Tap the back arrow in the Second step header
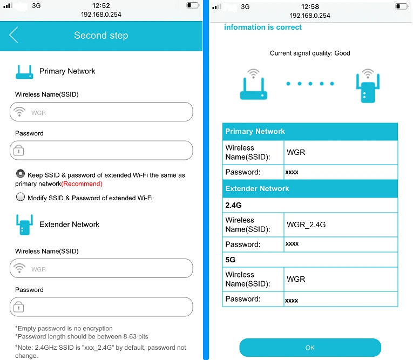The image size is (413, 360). pos(13,35)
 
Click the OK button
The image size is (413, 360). pos(310,348)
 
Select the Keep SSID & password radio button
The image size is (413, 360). pos(21,174)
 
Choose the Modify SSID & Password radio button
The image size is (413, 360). pos(21,197)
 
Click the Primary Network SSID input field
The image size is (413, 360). pos(101,112)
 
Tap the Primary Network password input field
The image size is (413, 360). pos(101,151)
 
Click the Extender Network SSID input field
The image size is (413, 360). pos(101,268)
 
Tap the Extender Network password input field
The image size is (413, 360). pos(101,307)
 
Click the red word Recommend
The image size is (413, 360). pos(82,184)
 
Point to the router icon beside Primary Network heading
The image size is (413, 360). pos(24,72)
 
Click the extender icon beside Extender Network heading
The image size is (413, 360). pos(24,225)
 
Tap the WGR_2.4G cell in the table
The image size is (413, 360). pos(306,225)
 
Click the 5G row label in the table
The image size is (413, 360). pos(230,260)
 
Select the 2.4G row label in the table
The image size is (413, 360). pos(233,205)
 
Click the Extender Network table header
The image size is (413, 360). pos(310,188)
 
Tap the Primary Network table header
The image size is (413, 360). pos(310,131)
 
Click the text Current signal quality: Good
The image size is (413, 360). pos(310,53)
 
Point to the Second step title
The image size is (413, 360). pos(101,35)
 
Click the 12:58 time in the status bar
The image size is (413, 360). pos(310,6)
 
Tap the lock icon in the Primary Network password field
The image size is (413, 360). pos(19,151)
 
